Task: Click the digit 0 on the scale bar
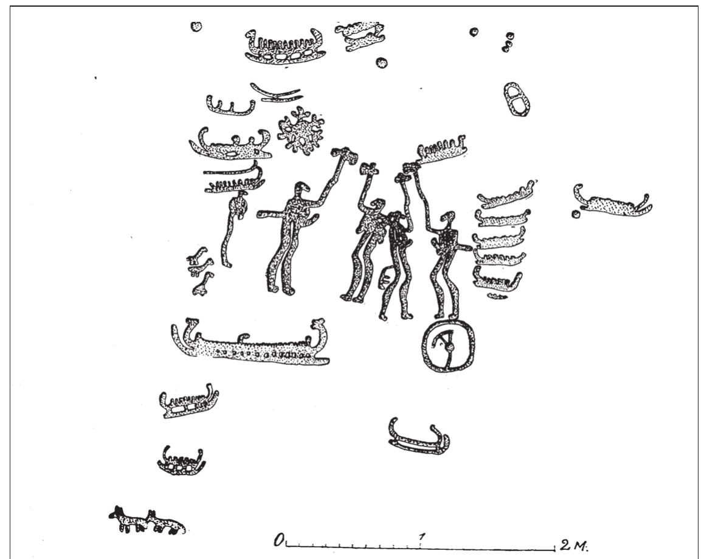[x=280, y=539]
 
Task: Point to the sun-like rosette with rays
[x=299, y=130]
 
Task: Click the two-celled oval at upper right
[x=519, y=99]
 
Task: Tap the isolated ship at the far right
[x=612, y=202]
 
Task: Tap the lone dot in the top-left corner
[x=196, y=26]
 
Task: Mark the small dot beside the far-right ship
[x=575, y=214]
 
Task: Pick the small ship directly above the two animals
[x=181, y=461]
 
